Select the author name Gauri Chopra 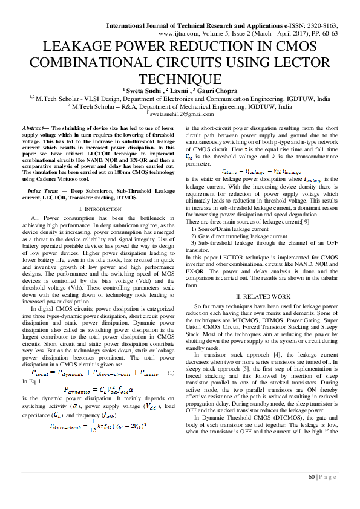pyautogui.click(x=215, y=89)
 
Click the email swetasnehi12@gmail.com pyautogui.click(x=182, y=114)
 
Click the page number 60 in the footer pyautogui.click(x=312, y=477)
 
